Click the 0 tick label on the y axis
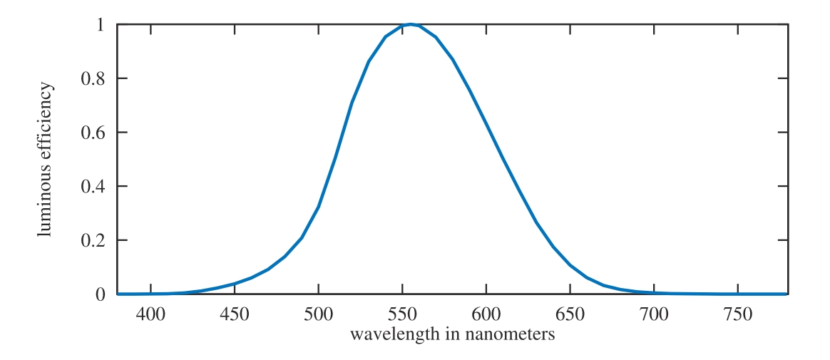pyautogui.click(x=101, y=294)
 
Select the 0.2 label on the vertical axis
pyautogui.click(x=95, y=240)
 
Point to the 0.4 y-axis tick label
pyautogui.click(x=95, y=186)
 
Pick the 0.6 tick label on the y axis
pyautogui.click(x=95, y=133)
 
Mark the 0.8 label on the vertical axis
pyautogui.click(x=95, y=78)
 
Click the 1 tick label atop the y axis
pyautogui.click(x=101, y=25)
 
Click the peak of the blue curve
pyautogui.click(x=410, y=24)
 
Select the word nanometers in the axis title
pyautogui.click(x=513, y=334)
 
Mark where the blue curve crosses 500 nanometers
pyautogui.click(x=318, y=207)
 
